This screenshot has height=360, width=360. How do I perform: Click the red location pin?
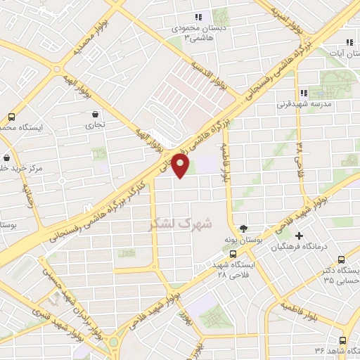(181, 166)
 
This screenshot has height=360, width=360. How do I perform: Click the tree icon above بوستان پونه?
(243, 228)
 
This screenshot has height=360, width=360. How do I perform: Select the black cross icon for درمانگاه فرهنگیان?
(300, 236)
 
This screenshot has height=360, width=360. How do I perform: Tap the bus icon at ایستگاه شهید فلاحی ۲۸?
(233, 255)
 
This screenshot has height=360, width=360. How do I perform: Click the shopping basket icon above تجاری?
(95, 113)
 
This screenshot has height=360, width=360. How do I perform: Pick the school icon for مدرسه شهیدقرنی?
(303, 93)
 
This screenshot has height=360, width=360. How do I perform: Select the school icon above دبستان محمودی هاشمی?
(199, 17)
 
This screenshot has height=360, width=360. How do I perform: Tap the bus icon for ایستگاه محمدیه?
(11, 117)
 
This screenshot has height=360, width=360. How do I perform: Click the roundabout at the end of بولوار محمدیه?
(58, 68)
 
